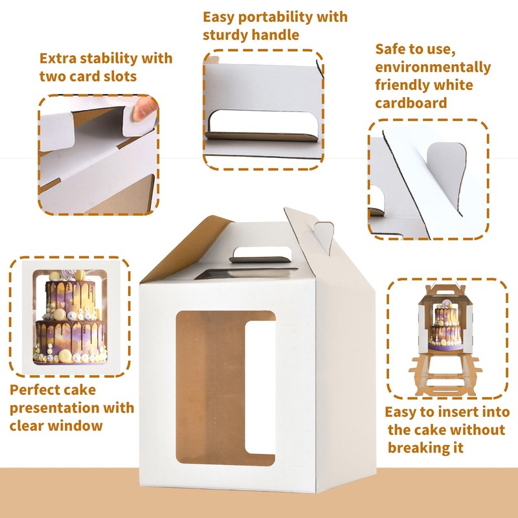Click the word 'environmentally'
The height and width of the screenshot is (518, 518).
(x=433, y=68)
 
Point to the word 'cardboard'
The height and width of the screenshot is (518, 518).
(x=411, y=103)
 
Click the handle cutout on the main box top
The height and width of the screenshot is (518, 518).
(x=261, y=254)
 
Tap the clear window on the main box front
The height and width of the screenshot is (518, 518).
(x=225, y=388)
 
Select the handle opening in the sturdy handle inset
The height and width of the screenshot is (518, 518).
(x=264, y=121)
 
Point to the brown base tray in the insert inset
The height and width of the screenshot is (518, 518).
(x=445, y=375)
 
